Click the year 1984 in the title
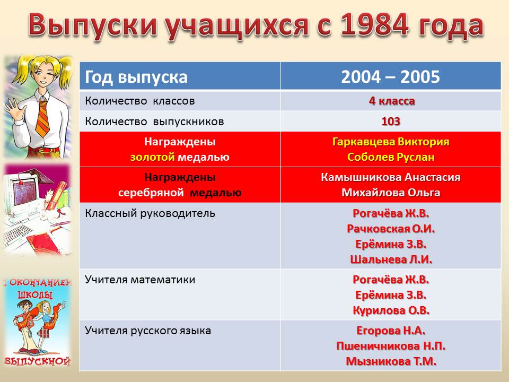(x=375, y=25)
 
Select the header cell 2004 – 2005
(x=391, y=77)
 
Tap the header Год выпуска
(x=136, y=77)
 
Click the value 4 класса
(x=392, y=101)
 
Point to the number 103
(x=391, y=121)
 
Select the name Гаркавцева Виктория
(x=391, y=142)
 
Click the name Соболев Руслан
(x=391, y=157)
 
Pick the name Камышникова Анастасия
(x=391, y=177)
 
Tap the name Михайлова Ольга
(x=391, y=193)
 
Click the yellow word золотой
(x=153, y=157)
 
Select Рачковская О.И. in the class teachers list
(x=391, y=229)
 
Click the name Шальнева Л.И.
(x=391, y=259)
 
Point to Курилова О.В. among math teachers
(x=391, y=310)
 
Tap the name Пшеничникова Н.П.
(x=391, y=346)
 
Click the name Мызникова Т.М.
(x=391, y=361)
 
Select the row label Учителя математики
(x=140, y=280)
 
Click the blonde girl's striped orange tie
(x=43, y=117)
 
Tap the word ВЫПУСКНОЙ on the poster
(x=37, y=361)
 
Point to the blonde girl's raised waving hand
(x=12, y=107)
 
